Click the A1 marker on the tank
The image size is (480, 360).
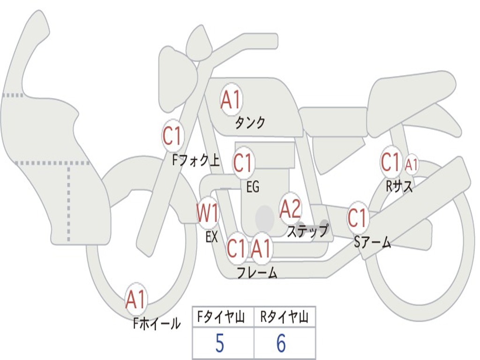point(231,99)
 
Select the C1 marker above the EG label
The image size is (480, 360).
point(243,164)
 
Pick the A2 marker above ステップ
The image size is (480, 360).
point(290,209)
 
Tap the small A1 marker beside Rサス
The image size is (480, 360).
point(411,165)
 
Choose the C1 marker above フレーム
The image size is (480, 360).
point(236,248)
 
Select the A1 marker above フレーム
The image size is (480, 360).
point(261,248)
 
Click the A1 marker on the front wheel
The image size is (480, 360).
point(136,300)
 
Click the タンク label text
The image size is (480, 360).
point(250,123)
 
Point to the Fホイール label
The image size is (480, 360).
point(157,323)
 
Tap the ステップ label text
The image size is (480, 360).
point(308,231)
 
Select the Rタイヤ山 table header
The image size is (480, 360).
point(284,318)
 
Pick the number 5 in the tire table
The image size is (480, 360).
point(219,344)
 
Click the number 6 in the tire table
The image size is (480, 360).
point(281,344)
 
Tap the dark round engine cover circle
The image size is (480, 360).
point(265,217)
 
